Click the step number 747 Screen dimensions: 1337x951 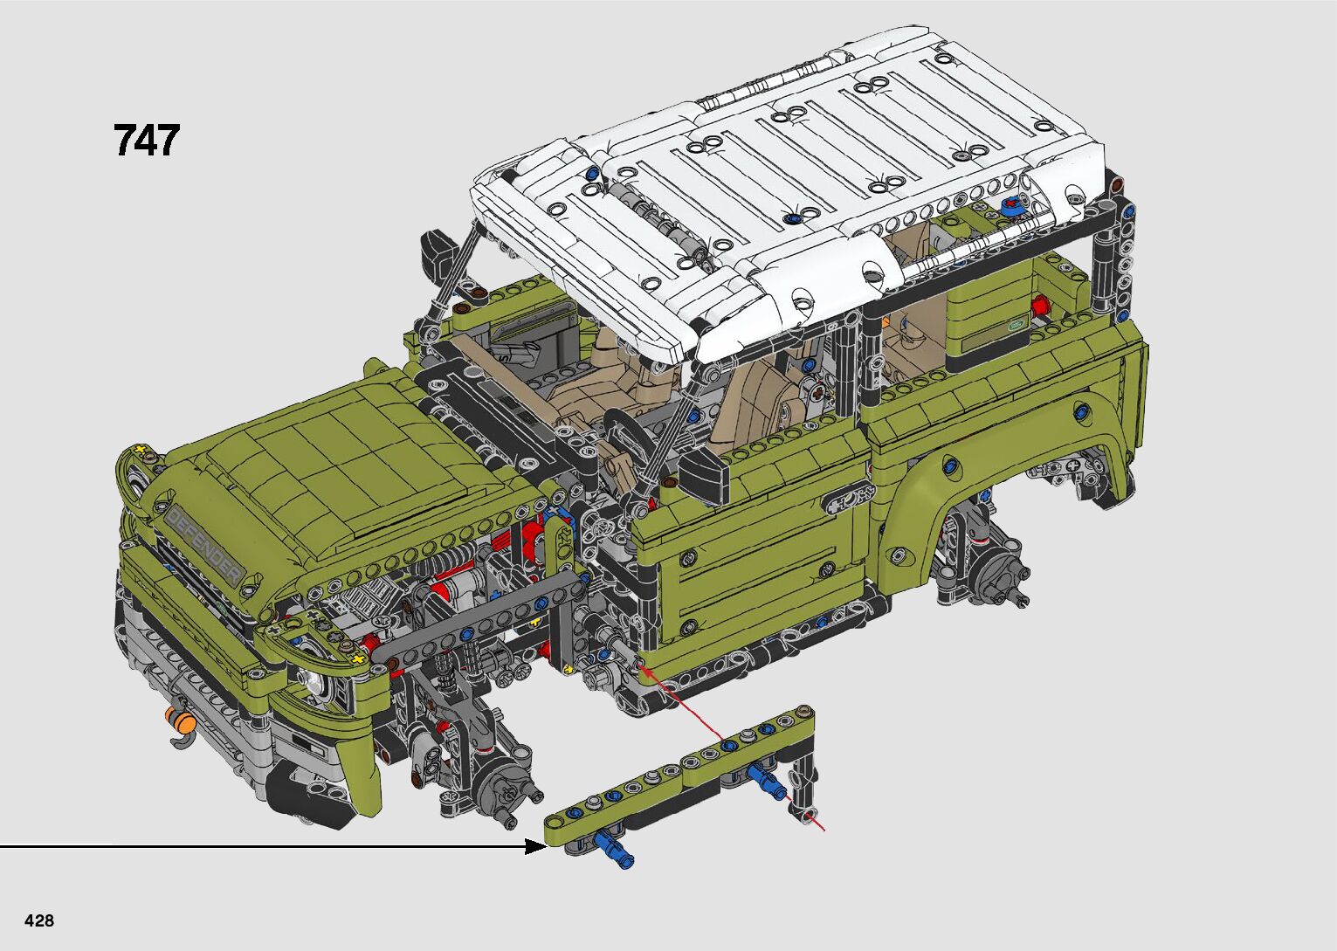(146, 141)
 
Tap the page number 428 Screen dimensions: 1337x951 (39, 920)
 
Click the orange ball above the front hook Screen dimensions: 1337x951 (187, 724)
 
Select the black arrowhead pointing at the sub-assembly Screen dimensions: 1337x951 (535, 846)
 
